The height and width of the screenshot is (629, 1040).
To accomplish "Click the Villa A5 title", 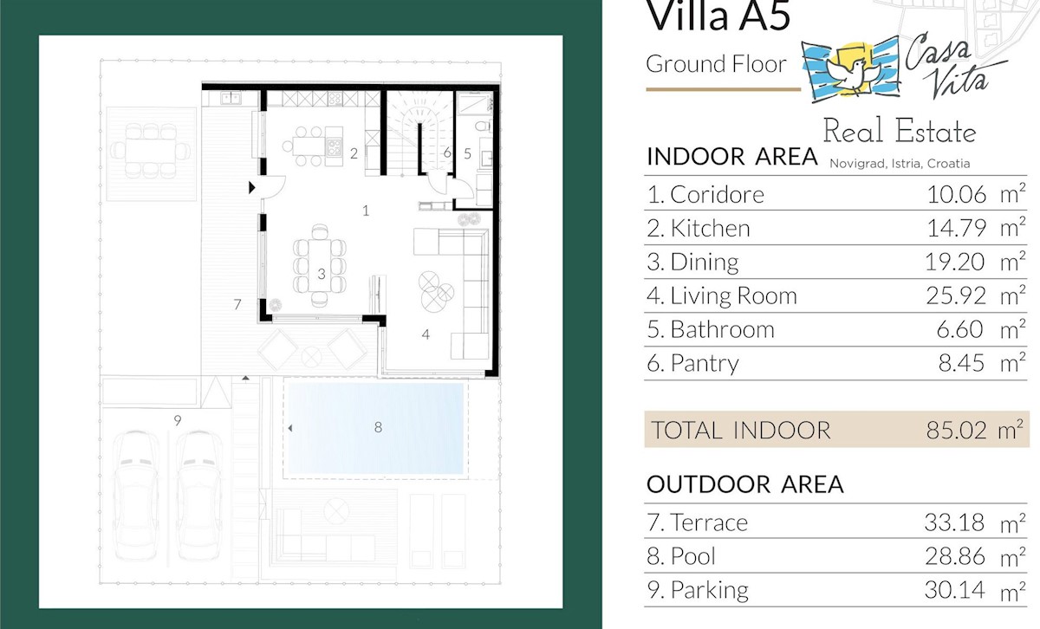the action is tap(718, 16).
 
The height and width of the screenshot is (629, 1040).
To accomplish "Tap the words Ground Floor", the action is tap(716, 64).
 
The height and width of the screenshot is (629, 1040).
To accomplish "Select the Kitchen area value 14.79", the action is tap(957, 228).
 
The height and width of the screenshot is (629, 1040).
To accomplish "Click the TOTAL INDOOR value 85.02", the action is tap(956, 431).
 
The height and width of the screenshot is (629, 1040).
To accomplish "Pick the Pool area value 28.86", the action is tap(955, 556).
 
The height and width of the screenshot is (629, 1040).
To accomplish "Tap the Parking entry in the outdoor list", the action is tap(698, 590).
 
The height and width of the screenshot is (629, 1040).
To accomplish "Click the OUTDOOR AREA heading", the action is tap(744, 484).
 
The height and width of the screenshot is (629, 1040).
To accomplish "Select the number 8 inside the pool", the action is tap(378, 427).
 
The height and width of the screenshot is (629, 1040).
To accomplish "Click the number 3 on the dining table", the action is tap(322, 274).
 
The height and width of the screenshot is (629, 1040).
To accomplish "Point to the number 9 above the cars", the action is tap(178, 420).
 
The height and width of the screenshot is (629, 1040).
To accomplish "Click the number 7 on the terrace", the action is tap(237, 304).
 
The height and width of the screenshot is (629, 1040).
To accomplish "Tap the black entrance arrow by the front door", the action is tap(251, 187).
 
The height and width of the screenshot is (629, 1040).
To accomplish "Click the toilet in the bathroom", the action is tap(483, 126).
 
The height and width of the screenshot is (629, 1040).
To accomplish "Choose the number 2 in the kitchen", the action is tap(354, 153).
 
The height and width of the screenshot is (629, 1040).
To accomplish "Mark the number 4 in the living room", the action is tap(426, 334).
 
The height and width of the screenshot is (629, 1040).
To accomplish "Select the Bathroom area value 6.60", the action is tap(960, 329).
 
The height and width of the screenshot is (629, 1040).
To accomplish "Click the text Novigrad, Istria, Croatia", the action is tap(900, 164).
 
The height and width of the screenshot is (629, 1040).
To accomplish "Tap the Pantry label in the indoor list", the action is tap(692, 363).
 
